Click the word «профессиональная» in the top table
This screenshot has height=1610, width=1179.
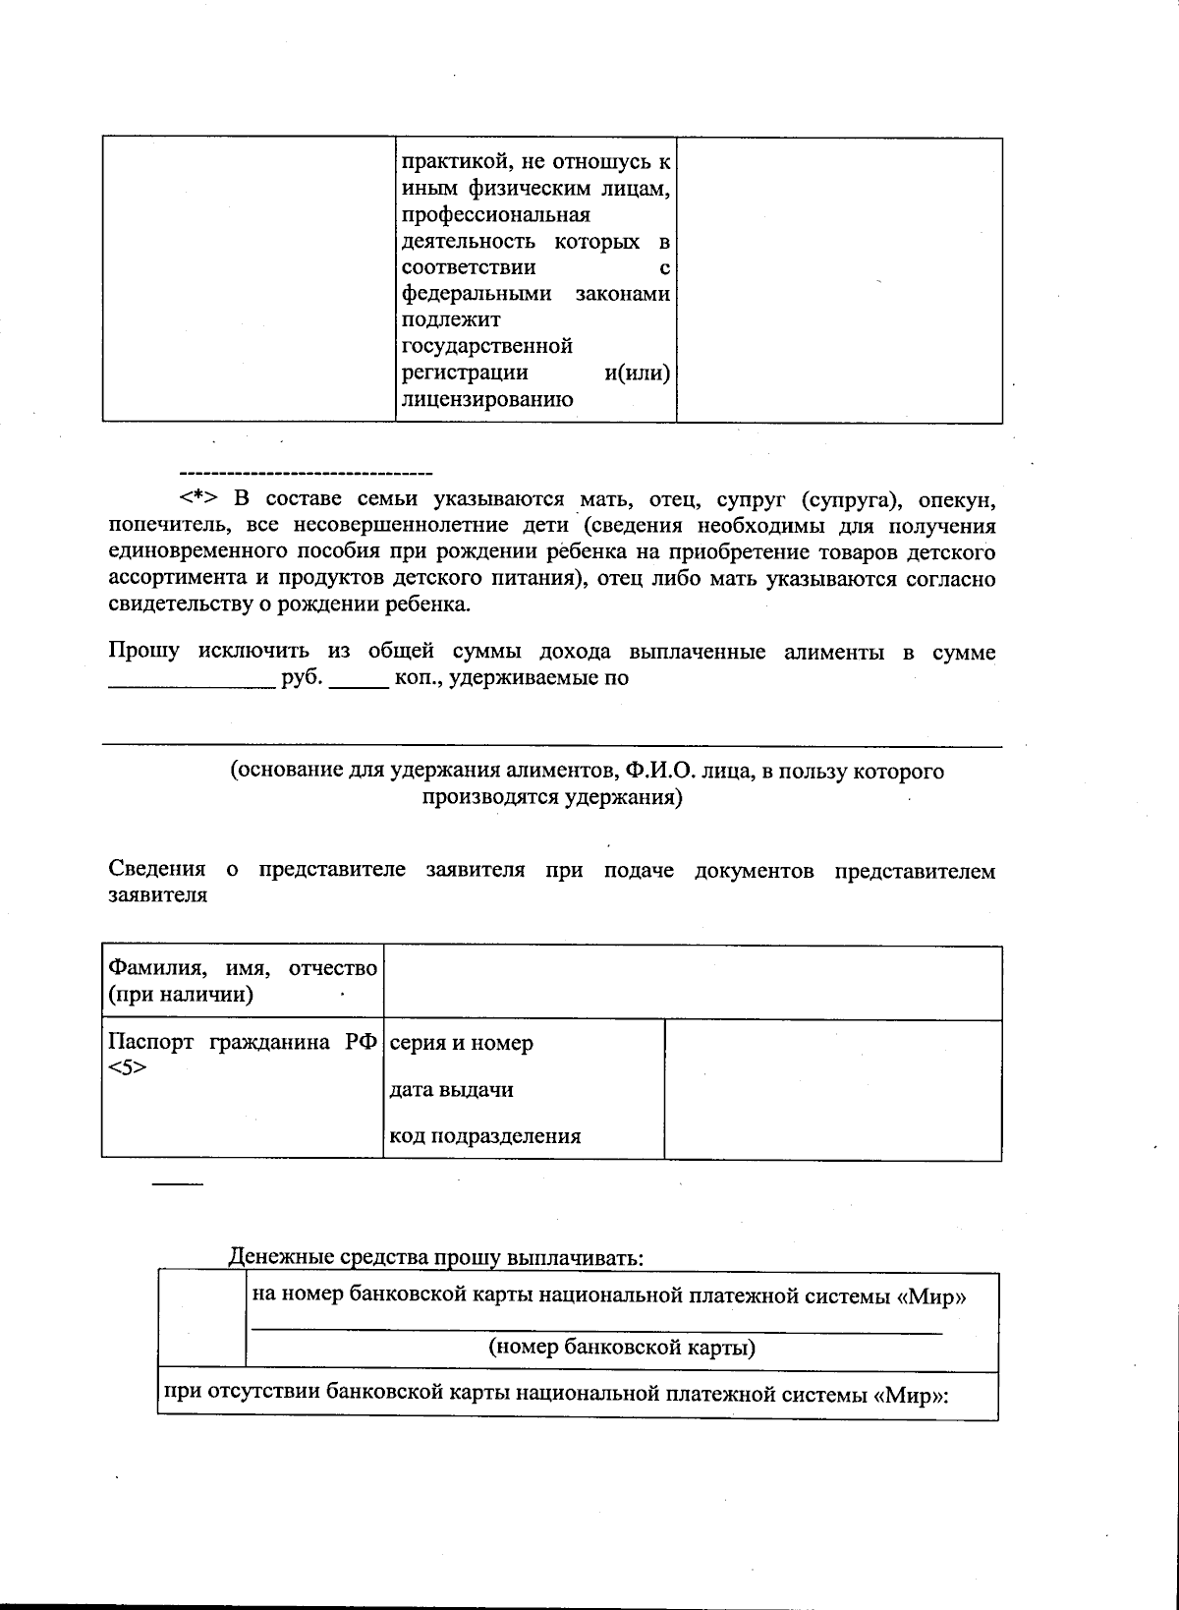click(496, 214)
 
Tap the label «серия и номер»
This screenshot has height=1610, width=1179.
click(461, 1043)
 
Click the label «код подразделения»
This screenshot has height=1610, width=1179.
click(485, 1137)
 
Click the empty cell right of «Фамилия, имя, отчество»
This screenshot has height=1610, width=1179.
click(692, 983)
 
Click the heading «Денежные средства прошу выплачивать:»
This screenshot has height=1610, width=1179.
click(436, 1257)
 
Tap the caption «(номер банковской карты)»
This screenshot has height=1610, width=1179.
click(622, 1347)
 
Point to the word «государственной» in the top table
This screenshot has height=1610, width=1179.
click(487, 346)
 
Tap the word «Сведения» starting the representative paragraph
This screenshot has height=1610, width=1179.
click(156, 871)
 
